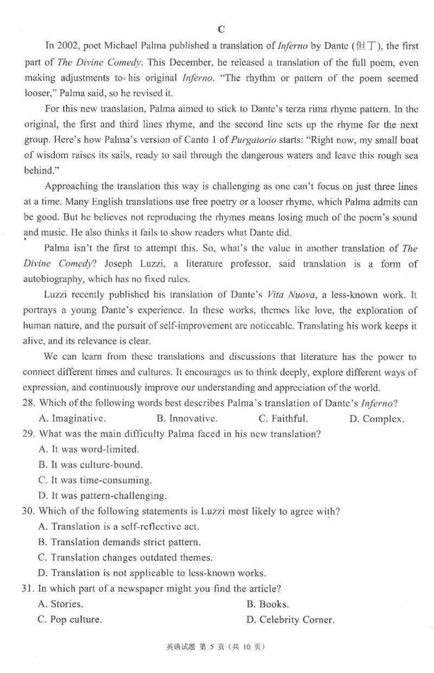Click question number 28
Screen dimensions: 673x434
29,404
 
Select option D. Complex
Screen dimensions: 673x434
376,418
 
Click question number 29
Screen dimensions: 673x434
29,434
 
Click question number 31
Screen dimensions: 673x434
29,588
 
